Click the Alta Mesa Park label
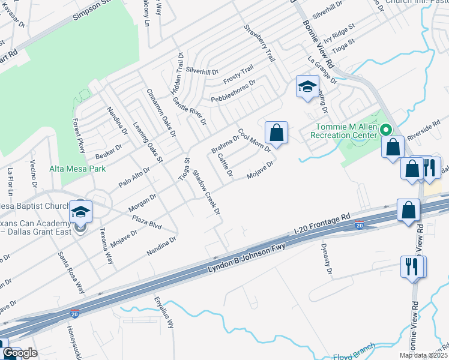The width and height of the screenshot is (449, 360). coord(77,169)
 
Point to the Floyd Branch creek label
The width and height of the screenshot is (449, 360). coord(354,352)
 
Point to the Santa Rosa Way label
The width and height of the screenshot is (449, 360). coord(71,271)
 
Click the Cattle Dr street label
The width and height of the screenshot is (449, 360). coord(225,165)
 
